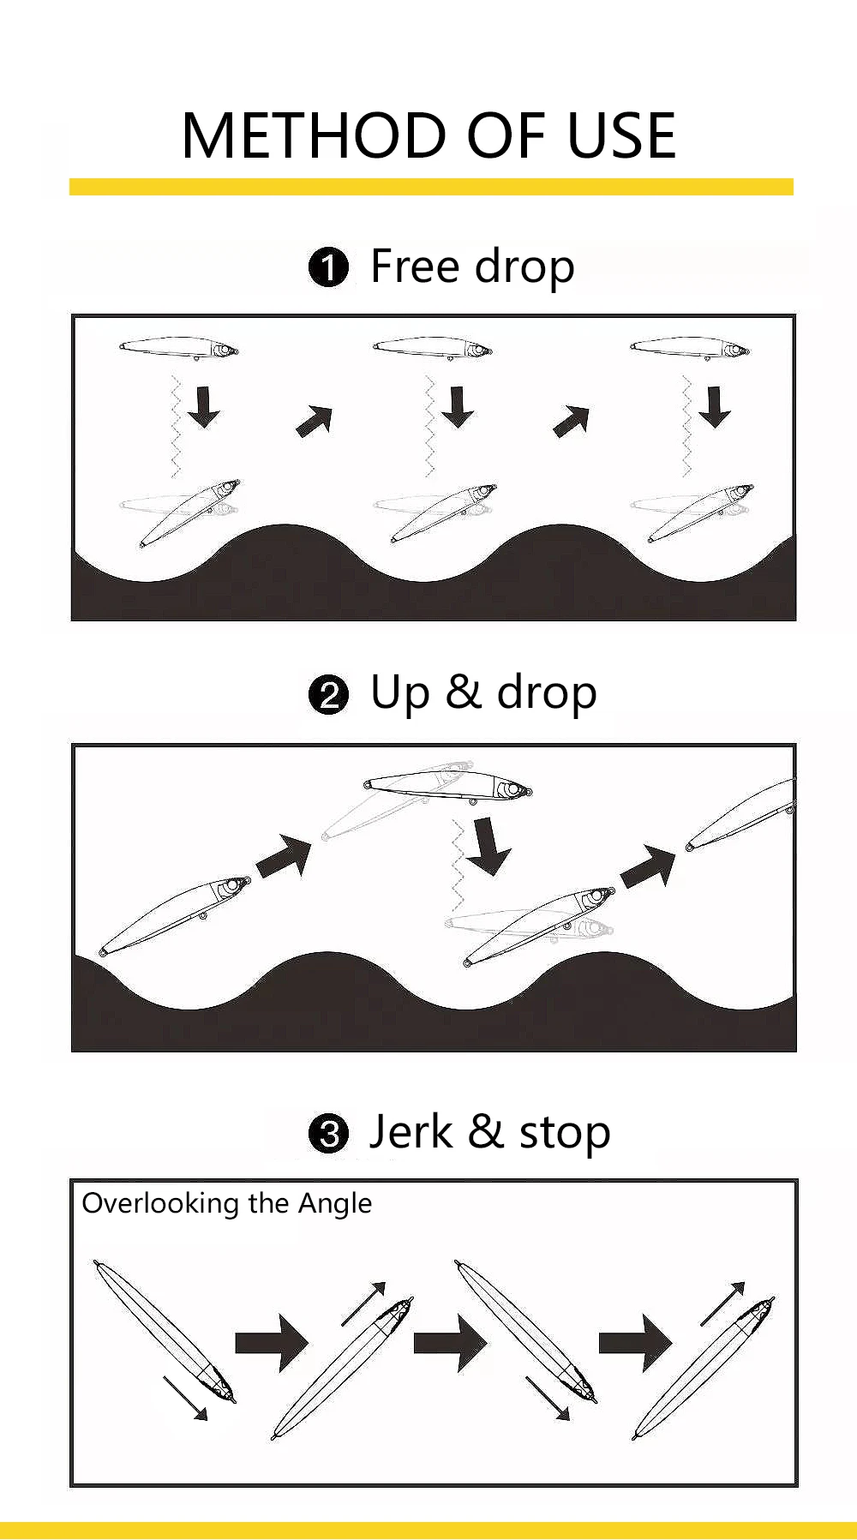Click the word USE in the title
click(x=622, y=136)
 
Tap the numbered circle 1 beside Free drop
click(x=328, y=267)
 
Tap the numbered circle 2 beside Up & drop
click(x=328, y=694)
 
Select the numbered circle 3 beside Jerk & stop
click(x=328, y=1135)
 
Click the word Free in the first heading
click(x=415, y=266)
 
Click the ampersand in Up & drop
click(x=463, y=692)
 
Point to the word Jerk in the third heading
click(x=411, y=1132)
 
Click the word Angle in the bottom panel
click(x=335, y=1204)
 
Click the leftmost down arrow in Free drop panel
click(x=204, y=407)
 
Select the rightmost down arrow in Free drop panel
click(x=714, y=407)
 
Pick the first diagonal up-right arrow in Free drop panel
click(x=315, y=421)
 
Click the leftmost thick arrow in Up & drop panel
click(x=285, y=857)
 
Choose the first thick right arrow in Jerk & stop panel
click(x=272, y=1342)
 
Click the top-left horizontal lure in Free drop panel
click(x=179, y=348)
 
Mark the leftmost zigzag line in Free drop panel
click(x=176, y=426)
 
